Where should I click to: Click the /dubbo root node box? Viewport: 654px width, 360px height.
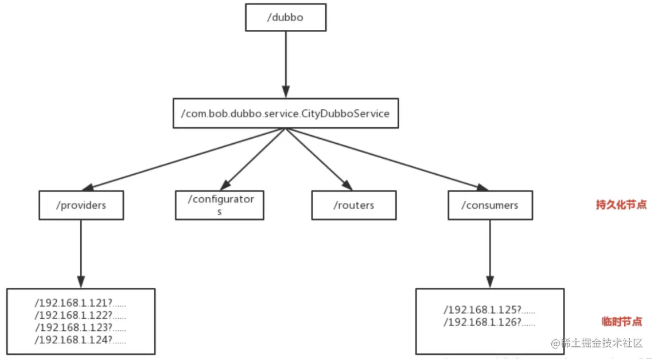[x=286, y=18]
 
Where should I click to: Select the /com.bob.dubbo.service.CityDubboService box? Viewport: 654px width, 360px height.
[x=286, y=114]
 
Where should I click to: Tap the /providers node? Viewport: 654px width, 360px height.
[x=81, y=205]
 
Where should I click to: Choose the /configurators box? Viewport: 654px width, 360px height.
[x=219, y=205]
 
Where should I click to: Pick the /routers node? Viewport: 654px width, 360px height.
[x=354, y=205]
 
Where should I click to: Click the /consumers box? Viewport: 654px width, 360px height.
[x=490, y=205]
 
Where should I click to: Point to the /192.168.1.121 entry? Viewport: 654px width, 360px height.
[x=80, y=303]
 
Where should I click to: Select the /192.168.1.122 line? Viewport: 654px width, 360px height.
[x=80, y=315]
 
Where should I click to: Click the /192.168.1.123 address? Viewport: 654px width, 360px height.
[x=80, y=327]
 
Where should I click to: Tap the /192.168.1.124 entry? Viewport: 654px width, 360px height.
[x=80, y=340]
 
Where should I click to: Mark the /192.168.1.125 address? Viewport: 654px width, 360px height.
[x=489, y=310]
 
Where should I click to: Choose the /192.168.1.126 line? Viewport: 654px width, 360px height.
[x=489, y=322]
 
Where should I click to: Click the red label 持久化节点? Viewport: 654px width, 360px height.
[x=621, y=205]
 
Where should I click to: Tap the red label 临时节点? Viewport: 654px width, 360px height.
[x=621, y=322]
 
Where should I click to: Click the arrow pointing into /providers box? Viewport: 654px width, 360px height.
[x=184, y=159]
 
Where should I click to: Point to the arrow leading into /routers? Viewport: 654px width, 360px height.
[x=319, y=159]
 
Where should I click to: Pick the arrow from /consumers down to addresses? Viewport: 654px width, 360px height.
[x=490, y=254]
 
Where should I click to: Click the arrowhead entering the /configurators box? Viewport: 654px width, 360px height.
[x=225, y=185]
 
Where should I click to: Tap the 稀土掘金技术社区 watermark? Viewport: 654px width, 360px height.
[x=597, y=343]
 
